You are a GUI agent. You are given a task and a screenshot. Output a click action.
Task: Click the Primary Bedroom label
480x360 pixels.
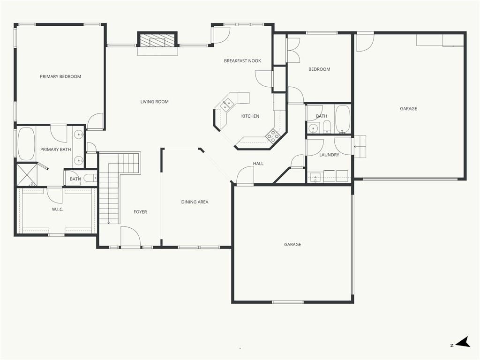[60, 76]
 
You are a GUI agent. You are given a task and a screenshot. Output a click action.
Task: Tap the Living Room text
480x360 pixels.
[154, 102]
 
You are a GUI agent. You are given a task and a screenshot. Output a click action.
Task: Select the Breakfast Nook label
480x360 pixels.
[242, 60]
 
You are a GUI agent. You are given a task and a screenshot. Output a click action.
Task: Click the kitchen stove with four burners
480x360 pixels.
[272, 135]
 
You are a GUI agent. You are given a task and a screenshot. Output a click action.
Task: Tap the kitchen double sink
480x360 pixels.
[227, 105]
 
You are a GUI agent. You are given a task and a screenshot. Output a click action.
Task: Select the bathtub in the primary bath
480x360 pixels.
[26, 144]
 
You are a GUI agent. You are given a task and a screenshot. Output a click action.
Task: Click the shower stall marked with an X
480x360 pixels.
[27, 175]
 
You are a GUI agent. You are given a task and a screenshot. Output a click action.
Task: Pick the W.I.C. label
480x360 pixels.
[58, 210]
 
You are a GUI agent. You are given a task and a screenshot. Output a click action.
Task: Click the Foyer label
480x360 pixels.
[140, 212]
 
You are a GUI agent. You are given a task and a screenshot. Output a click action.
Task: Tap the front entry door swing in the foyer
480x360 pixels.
[131, 236]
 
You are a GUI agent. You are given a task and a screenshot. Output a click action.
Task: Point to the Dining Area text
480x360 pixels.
[195, 202]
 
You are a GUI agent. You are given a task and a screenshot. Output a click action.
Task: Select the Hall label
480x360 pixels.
[258, 164]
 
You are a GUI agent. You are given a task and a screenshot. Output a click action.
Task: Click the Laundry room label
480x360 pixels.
[329, 155]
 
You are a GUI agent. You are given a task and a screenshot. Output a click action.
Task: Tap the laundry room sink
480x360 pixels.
[315, 177]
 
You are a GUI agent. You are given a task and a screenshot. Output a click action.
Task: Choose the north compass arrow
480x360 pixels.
[463, 342]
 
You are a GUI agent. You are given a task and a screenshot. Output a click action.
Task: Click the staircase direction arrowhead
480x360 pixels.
[109, 223]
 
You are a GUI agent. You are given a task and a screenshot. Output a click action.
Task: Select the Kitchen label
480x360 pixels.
[250, 116]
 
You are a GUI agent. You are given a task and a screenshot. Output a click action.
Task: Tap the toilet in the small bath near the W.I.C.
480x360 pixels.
[90, 178]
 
